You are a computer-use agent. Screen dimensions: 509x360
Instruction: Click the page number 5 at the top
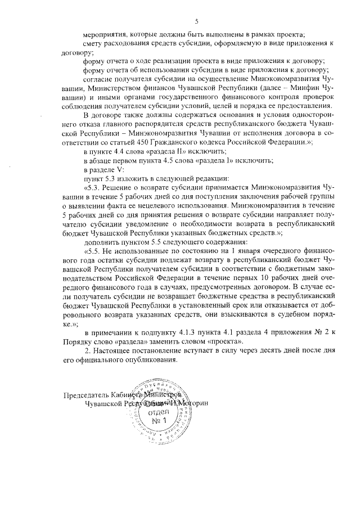click(196, 21)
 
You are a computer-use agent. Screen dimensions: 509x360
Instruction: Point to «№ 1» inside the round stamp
click(161, 421)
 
